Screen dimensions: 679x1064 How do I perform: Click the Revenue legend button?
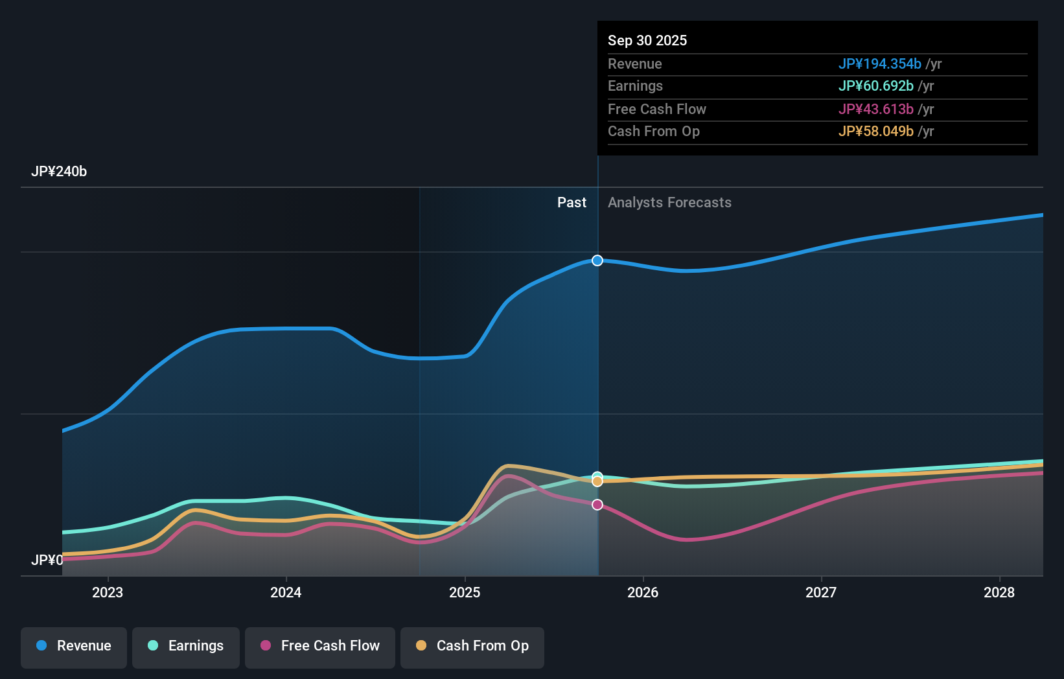tap(74, 646)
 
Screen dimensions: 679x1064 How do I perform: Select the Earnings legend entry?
tap(186, 646)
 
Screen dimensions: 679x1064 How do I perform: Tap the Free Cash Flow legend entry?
tap(320, 646)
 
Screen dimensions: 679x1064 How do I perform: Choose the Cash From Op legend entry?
tap(472, 646)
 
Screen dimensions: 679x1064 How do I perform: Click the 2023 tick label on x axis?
tap(108, 592)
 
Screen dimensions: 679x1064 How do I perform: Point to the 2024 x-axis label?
tap(286, 592)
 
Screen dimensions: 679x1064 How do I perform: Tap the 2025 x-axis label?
tap(465, 592)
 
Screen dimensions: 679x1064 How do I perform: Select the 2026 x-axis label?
tap(643, 592)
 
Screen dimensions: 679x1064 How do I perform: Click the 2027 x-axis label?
tap(821, 592)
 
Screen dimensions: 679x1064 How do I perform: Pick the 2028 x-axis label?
tap(999, 592)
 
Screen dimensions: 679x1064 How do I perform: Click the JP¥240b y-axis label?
tap(59, 172)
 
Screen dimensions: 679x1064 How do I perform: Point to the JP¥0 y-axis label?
tap(47, 560)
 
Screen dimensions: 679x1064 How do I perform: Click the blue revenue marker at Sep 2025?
tap(597, 260)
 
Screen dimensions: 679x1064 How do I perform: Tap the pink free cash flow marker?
tap(597, 505)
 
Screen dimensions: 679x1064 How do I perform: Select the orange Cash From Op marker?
tap(597, 482)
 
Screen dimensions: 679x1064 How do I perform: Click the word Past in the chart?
tap(572, 203)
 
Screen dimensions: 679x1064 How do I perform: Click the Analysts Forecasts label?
tap(669, 203)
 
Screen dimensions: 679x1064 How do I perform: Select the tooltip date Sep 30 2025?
tap(647, 40)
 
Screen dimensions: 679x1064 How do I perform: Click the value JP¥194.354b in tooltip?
tap(879, 63)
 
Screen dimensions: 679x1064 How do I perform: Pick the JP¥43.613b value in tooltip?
tap(875, 109)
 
